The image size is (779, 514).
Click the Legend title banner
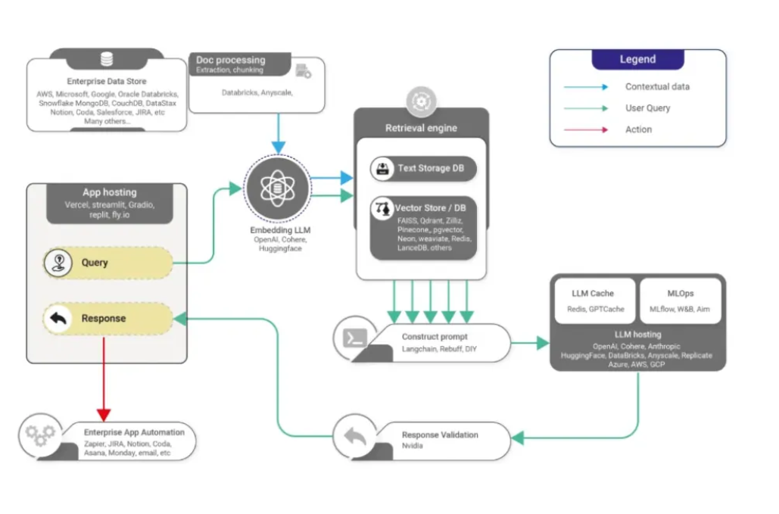[x=637, y=60]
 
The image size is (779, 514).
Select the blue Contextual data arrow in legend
[x=585, y=87]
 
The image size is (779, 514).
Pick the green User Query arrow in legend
[x=585, y=108]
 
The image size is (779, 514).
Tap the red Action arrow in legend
[x=585, y=129]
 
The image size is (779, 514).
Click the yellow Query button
[x=107, y=263]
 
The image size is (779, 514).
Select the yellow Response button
[x=107, y=319]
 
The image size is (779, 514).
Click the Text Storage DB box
[x=423, y=168]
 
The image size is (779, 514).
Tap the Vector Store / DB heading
[x=430, y=207]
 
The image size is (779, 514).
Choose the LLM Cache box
[x=592, y=301]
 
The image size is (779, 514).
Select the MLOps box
[x=681, y=301]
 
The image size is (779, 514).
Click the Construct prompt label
[x=435, y=336]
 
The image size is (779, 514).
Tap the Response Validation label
[x=439, y=435]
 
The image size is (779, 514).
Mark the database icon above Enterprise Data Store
[x=107, y=59]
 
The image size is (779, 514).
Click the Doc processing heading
[x=230, y=60]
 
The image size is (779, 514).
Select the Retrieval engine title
[x=421, y=128]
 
